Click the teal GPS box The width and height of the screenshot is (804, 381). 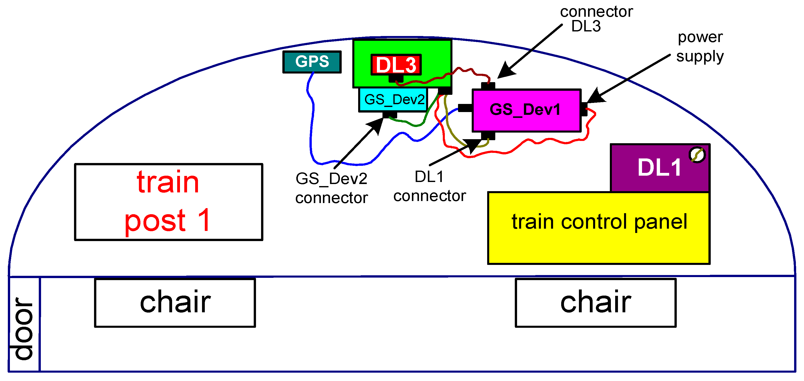(x=312, y=62)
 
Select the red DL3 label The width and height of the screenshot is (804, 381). (x=396, y=65)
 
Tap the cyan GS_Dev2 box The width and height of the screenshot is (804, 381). (x=393, y=100)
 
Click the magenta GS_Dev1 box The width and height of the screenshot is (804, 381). (x=526, y=111)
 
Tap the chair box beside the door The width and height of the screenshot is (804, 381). (x=175, y=303)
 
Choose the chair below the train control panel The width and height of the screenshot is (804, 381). (x=595, y=303)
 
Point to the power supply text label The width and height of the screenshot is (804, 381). (x=700, y=47)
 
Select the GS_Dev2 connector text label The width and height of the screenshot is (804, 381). (x=332, y=188)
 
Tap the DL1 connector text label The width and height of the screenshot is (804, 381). (x=429, y=186)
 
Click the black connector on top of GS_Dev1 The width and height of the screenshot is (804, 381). (x=488, y=86)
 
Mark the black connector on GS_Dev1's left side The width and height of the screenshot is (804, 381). (x=465, y=108)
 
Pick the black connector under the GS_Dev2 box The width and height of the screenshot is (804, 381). (x=390, y=115)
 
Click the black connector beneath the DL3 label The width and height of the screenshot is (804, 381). (x=396, y=79)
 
